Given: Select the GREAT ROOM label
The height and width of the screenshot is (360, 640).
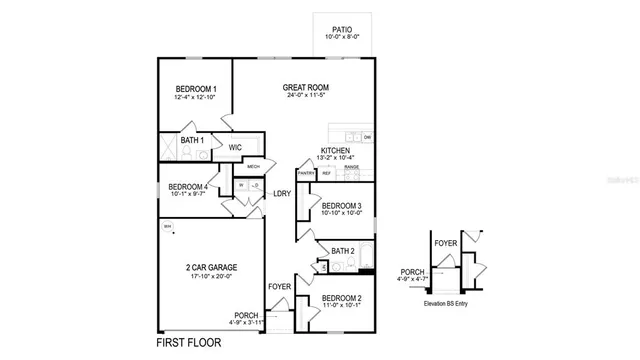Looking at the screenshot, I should coord(305,88).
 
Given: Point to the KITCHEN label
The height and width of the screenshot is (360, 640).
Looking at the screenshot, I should coord(335,150).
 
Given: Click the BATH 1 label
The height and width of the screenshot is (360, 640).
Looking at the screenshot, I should coord(192,141).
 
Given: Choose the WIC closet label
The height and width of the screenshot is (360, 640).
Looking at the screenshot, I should coord(235,147).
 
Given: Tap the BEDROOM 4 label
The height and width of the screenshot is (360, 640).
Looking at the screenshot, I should coord(188,187).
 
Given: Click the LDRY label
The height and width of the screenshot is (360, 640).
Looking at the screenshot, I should coord(282,194).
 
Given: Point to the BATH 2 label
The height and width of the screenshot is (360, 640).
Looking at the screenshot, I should coord(343,251).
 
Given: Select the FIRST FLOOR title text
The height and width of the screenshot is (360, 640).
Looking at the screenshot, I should coord(197,343).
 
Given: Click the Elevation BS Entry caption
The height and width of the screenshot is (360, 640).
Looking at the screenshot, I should coord(452,302).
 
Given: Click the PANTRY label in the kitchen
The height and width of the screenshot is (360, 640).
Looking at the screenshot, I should coord(306,173).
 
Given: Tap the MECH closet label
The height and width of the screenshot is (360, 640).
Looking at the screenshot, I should coord(253,166).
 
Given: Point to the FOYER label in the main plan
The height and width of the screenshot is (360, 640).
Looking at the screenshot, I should coord(280,287).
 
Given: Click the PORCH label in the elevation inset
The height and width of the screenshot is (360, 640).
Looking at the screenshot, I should coord(411,272).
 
